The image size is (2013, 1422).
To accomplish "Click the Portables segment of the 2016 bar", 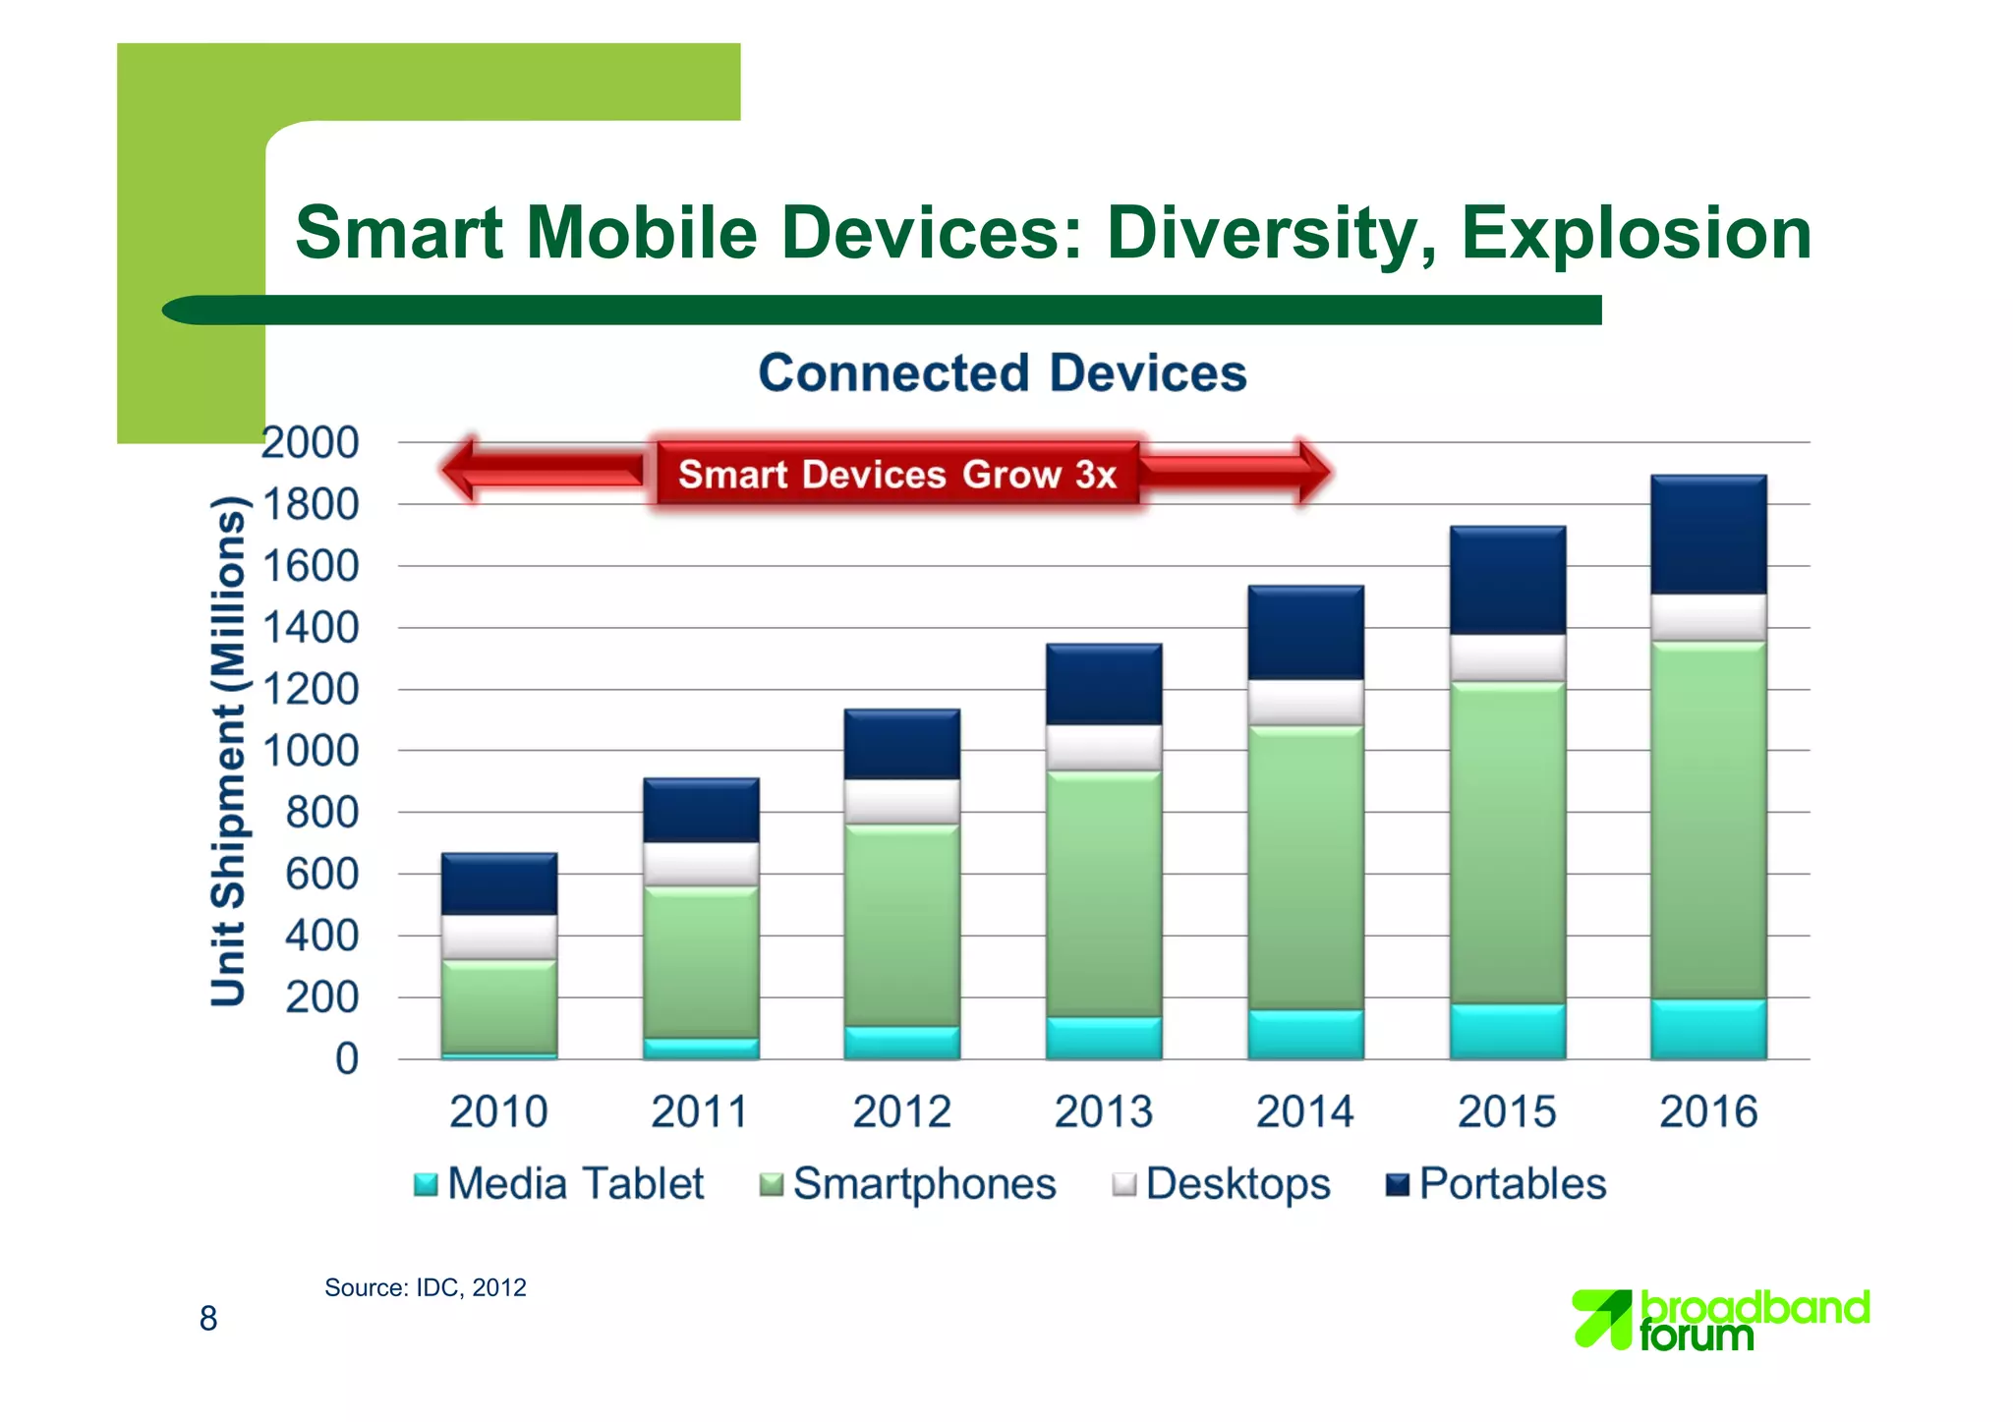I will [1708, 535].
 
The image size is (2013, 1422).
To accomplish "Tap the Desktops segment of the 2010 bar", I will [499, 937].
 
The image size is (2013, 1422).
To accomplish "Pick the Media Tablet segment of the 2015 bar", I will [1507, 1031].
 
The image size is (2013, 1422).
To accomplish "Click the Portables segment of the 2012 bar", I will [901, 744].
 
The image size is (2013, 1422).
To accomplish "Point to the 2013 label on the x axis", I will [1103, 1112].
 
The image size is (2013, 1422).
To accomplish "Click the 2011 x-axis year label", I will [699, 1112].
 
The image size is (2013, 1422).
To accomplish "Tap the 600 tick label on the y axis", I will [322, 875].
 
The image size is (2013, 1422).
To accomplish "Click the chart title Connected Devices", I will [1002, 373].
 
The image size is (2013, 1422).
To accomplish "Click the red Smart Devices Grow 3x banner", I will [896, 474].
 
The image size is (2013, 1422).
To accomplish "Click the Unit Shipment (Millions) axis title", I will [228, 752].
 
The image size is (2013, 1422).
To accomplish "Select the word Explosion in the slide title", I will [1636, 233].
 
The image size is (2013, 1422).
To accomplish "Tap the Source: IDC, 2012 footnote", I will [425, 1287].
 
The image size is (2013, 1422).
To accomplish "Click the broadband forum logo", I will [1720, 1320].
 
